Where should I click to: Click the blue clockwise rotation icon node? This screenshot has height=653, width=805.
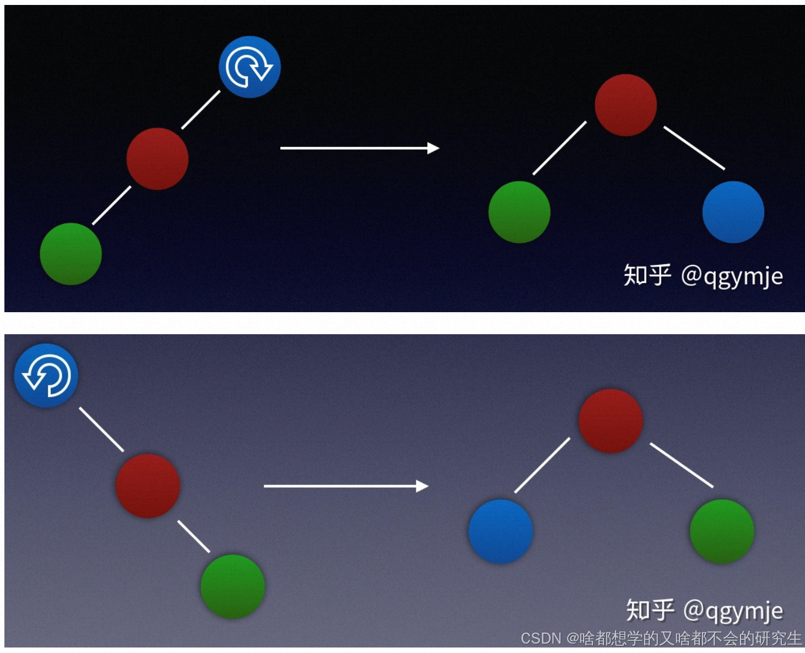[249, 67]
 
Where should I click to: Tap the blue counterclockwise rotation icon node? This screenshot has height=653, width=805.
[46, 376]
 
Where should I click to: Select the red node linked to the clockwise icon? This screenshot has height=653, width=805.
[157, 159]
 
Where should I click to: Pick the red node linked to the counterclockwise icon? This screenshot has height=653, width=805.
[148, 486]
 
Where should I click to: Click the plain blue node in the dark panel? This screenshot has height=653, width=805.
[733, 212]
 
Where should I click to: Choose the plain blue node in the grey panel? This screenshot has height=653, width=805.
[501, 531]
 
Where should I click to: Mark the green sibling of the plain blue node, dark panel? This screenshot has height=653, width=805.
[519, 212]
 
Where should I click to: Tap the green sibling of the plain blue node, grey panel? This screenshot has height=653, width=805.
[722, 531]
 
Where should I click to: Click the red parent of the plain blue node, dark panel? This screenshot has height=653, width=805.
[625, 105]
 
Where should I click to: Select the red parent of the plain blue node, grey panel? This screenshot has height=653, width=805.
[611, 421]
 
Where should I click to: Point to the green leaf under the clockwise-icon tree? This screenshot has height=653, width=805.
[71, 254]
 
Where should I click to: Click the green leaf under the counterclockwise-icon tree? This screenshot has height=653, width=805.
[232, 586]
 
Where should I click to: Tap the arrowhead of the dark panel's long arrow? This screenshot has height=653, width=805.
[433, 148]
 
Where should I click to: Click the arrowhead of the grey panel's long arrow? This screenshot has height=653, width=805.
[422, 486]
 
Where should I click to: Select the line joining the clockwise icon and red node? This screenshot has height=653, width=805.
[201, 110]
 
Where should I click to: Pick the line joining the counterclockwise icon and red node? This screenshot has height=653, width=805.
[101, 429]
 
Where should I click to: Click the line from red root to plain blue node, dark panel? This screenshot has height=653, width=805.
[694, 148]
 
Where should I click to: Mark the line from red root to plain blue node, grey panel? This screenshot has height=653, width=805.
[682, 465]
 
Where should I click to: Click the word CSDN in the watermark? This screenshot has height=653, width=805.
[541, 639]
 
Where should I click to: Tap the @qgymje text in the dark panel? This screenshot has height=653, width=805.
[732, 276]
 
